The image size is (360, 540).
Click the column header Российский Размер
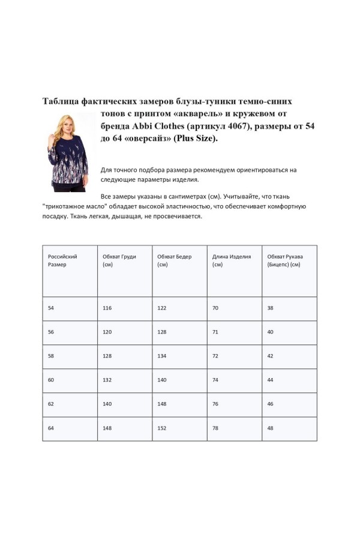(62, 260)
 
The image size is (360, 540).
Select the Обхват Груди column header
(119, 260)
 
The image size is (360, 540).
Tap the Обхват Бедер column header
(175, 260)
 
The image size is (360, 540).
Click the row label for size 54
(51, 308)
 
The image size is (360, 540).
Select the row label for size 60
(51, 380)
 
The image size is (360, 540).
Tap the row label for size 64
(51, 428)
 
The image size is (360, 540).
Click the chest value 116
(107, 308)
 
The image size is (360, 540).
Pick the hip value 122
(162, 308)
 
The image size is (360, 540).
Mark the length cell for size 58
(215, 356)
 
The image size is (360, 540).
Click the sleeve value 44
(271, 380)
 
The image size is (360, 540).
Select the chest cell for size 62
(107, 404)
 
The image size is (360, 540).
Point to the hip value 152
(162, 428)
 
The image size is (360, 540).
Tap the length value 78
(215, 428)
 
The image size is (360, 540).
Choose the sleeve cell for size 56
(271, 332)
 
